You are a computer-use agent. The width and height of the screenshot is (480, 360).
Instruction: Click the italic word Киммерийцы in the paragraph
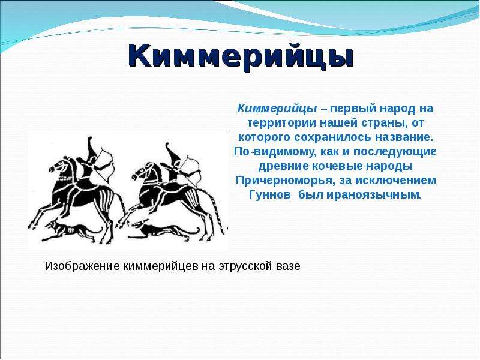pyautogui.click(x=277, y=109)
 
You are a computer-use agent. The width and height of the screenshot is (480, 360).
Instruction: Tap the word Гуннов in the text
pyautogui.click(x=269, y=194)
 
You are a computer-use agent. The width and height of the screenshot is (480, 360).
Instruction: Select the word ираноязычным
pyautogui.click(x=374, y=195)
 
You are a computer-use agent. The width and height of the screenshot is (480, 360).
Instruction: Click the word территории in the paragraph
pyautogui.click(x=282, y=123)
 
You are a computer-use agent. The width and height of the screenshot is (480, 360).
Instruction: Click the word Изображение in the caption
pyautogui.click(x=82, y=266)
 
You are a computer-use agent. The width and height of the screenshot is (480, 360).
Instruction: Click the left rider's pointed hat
pyautogui.click(x=92, y=148)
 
